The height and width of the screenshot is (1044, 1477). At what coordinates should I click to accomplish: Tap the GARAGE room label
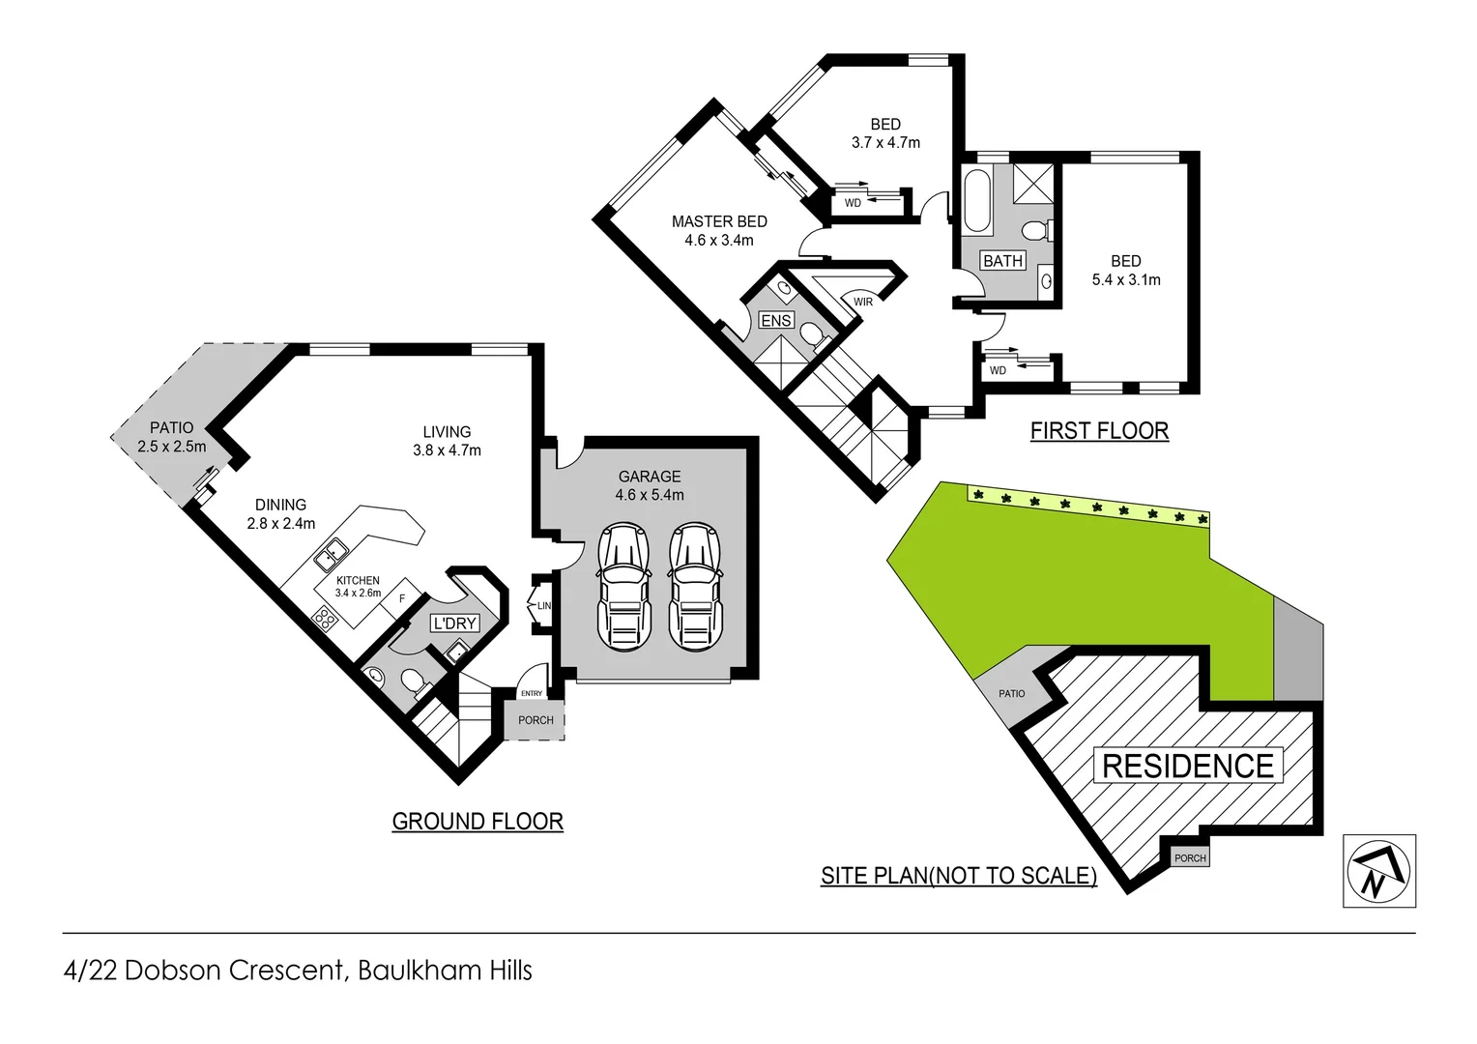[x=650, y=477]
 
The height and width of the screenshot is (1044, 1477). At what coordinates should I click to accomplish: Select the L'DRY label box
[x=454, y=623]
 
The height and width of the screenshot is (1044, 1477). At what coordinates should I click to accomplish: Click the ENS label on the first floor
[x=776, y=320]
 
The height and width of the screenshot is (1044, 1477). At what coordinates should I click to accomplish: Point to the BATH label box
[x=1002, y=261]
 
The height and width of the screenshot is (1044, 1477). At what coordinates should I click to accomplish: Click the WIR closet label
[x=862, y=303]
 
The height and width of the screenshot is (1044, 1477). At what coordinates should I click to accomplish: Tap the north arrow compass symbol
[x=1379, y=871]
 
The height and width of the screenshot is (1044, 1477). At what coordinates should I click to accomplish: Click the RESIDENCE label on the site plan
[x=1188, y=766]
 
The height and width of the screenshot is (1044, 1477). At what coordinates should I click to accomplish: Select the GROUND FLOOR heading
[x=478, y=822]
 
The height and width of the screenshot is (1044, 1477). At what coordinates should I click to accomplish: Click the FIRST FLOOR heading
[x=1099, y=431]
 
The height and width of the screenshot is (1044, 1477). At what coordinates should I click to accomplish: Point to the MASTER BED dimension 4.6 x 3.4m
[x=718, y=241]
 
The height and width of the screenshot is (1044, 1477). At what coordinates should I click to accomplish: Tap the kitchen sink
[x=332, y=553]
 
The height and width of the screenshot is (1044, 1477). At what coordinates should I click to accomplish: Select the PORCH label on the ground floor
[x=536, y=720]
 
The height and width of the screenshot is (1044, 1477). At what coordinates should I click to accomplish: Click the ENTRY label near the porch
[x=532, y=693]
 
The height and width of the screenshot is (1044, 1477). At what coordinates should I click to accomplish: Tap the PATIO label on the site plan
[x=1012, y=693]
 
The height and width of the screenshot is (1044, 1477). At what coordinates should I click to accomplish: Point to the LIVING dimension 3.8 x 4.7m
[x=447, y=450]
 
